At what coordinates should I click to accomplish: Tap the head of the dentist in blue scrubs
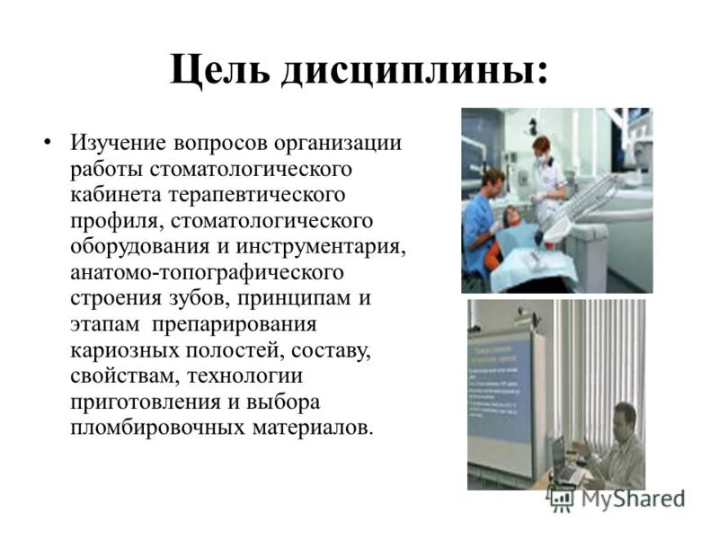tap(492, 182)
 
